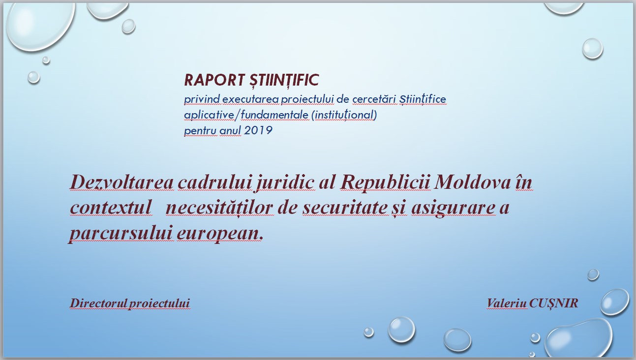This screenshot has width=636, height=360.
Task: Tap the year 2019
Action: (258, 130)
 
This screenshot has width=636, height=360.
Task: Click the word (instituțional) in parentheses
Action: (344, 115)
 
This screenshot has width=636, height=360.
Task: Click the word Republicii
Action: (385, 183)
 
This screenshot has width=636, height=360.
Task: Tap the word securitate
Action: (344, 207)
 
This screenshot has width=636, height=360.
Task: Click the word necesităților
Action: (219, 208)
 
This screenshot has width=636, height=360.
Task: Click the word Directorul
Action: (98, 303)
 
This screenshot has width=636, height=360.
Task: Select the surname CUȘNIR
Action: (553, 303)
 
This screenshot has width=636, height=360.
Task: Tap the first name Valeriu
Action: (507, 303)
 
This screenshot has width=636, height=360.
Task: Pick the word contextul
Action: (111, 207)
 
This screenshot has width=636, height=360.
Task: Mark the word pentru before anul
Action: (201, 131)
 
